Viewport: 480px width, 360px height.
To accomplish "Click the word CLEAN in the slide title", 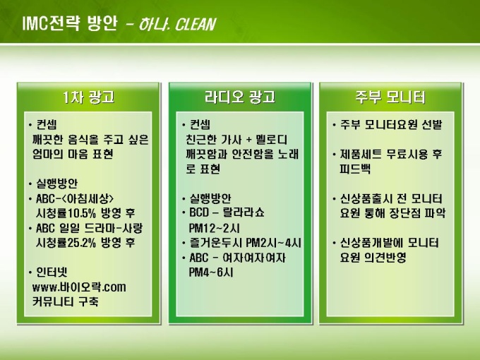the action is (195, 25).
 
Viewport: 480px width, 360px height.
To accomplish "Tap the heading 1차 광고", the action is (88, 97).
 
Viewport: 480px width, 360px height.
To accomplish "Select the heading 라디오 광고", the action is (240, 97).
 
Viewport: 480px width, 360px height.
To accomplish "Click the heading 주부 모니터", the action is (390, 97).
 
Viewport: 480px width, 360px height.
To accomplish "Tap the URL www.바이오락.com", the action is (79, 287).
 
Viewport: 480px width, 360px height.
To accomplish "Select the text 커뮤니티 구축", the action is (65, 302).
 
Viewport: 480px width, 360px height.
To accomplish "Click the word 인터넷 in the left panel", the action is (52, 272).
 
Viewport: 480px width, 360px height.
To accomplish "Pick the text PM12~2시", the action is (214, 228).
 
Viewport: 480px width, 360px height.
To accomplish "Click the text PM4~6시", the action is (211, 272).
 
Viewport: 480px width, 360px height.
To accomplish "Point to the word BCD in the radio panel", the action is (199, 212).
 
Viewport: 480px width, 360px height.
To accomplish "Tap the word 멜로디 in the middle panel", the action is (272, 140).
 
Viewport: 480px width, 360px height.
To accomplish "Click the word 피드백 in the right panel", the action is (355, 169).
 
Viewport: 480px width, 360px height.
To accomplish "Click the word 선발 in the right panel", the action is (431, 125).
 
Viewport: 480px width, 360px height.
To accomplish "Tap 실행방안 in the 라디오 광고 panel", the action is (210, 198).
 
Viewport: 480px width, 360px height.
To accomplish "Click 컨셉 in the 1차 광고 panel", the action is (46, 125).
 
